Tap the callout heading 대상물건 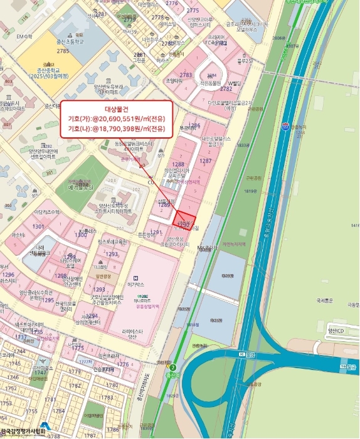tap(117, 108)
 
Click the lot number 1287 tap(205, 161)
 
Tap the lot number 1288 tap(179, 164)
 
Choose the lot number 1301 tap(38, 226)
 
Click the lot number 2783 tap(186, 75)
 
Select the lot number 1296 tap(8, 275)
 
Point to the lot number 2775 tap(193, 11)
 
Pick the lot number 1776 tap(123, 364)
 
